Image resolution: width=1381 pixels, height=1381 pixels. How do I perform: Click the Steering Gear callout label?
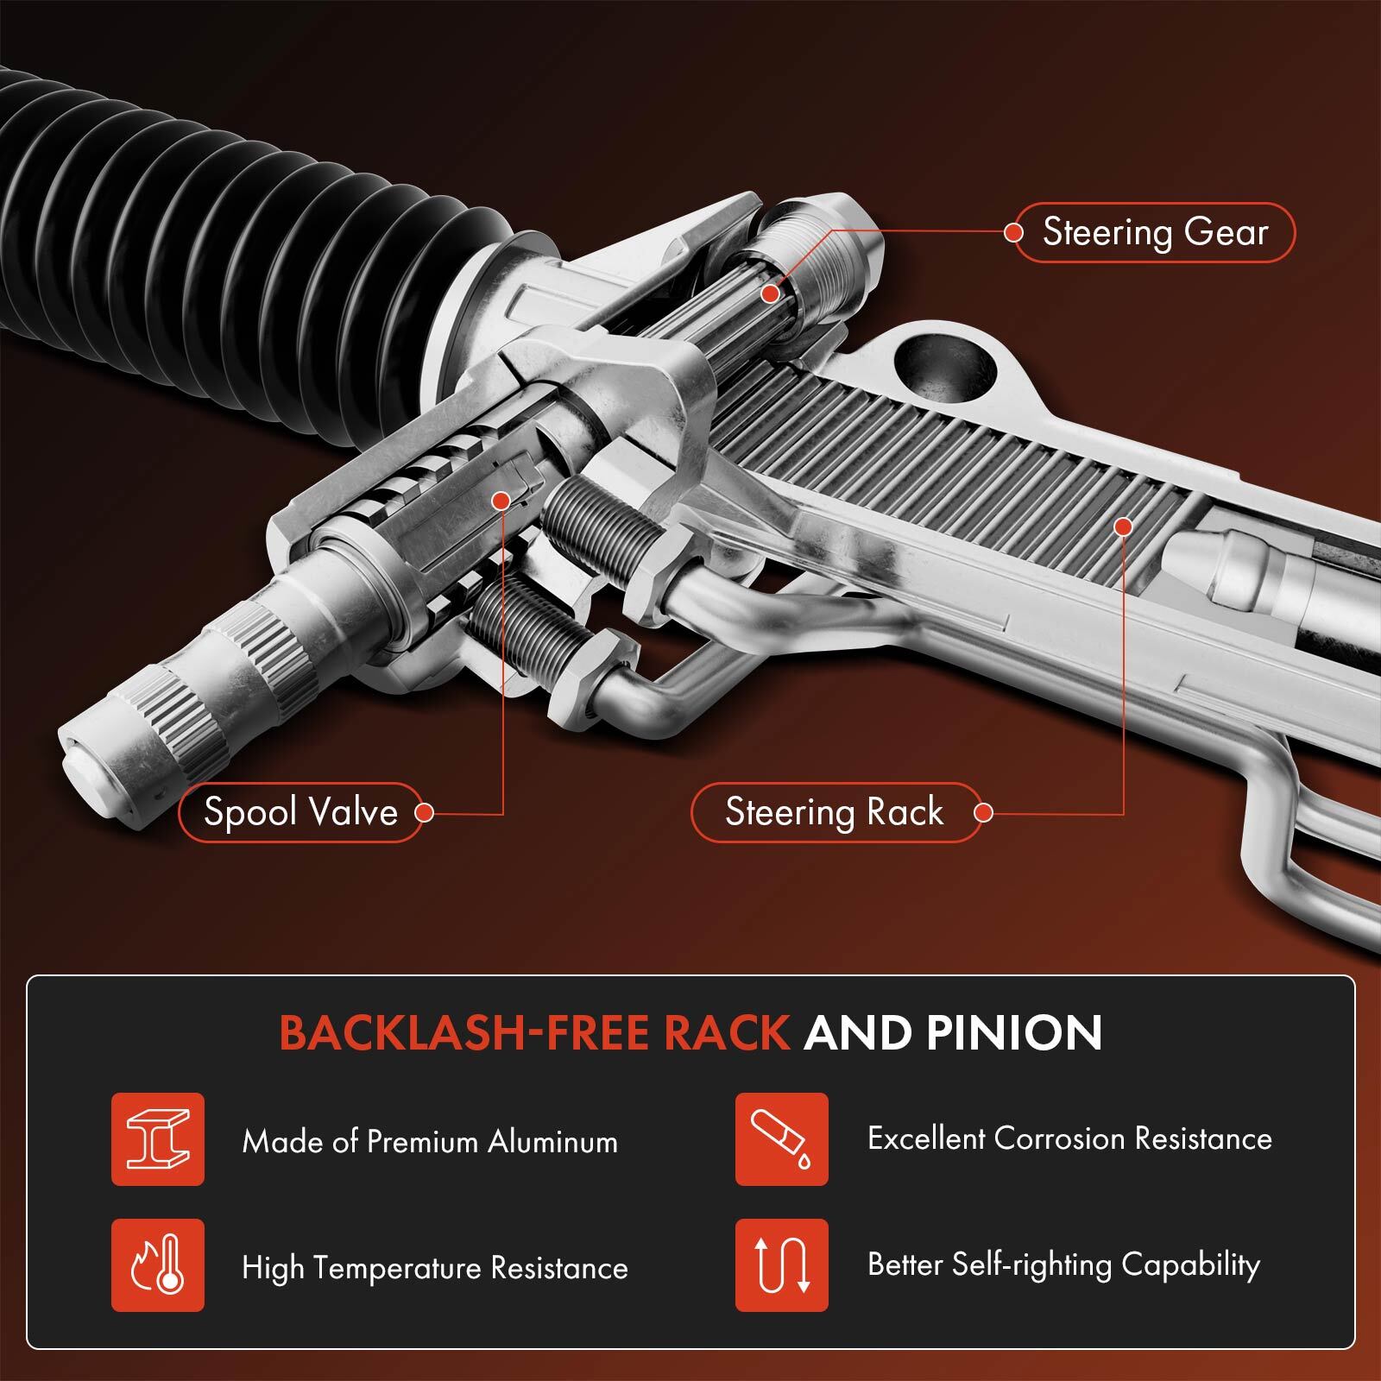1155,232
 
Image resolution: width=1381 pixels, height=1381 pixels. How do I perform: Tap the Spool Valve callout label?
300,812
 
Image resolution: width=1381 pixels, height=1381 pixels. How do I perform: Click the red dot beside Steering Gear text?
1013,232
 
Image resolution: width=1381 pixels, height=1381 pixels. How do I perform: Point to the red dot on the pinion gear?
769,293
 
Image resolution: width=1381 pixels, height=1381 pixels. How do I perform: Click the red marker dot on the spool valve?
499,501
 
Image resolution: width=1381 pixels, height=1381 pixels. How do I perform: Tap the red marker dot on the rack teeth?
1123,525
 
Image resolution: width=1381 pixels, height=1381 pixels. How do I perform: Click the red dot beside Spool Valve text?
423,812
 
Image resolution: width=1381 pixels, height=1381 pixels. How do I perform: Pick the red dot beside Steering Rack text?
982,812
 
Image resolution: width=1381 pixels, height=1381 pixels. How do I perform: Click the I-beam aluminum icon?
158,1138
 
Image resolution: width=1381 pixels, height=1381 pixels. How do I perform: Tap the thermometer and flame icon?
158,1265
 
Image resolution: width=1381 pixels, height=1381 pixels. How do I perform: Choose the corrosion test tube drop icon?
781,1138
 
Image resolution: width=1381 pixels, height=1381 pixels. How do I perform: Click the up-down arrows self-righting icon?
781,1265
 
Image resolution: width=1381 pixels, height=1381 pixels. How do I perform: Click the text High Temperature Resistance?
435,1268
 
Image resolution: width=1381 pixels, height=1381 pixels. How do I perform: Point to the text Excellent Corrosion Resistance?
1069,1138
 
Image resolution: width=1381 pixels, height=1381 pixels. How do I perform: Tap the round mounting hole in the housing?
945,367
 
